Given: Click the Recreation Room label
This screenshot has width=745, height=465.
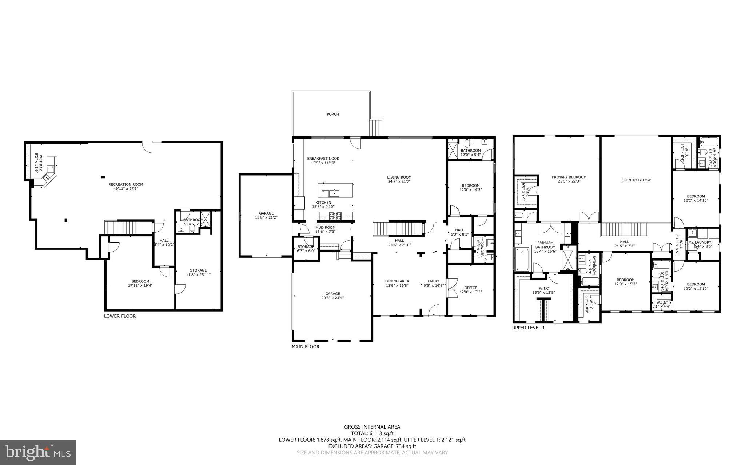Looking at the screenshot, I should click(126, 184).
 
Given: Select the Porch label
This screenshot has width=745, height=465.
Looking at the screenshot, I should click(332, 114).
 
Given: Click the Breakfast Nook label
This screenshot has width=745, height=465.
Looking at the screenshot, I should click(323, 159).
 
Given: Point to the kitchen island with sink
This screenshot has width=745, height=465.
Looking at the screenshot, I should click(335, 190).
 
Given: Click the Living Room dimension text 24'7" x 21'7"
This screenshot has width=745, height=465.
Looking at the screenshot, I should click(399, 181).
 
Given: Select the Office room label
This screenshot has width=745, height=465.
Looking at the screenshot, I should click(471, 288).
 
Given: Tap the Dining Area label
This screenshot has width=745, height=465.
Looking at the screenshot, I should click(397, 281).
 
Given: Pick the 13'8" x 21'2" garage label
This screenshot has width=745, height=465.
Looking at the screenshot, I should click(266, 217).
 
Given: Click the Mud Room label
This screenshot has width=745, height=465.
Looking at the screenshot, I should click(325, 227).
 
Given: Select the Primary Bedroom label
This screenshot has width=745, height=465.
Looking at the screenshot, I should click(569, 177).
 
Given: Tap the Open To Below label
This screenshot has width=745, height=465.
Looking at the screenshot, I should click(636, 180).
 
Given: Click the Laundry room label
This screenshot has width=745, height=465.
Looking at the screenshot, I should click(702, 242).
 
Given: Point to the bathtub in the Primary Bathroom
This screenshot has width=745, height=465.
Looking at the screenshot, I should click(523, 258).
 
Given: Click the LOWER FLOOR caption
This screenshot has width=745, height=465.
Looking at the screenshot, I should click(120, 316).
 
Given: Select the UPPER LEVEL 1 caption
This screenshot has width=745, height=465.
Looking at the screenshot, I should click(528, 328).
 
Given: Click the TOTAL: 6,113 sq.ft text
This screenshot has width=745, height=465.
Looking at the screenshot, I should click(372, 433).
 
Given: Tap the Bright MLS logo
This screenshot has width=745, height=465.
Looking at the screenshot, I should click(38, 452).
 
